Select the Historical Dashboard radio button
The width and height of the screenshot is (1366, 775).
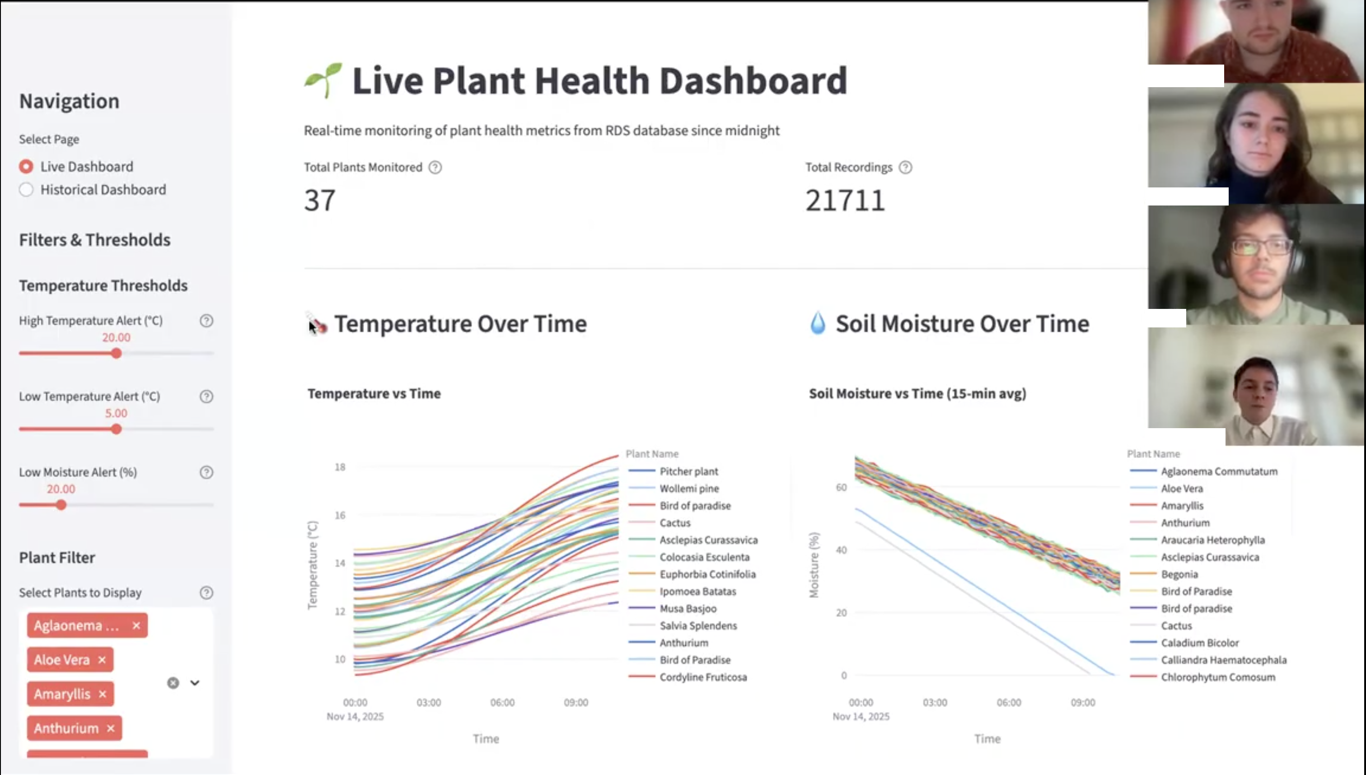tap(26, 190)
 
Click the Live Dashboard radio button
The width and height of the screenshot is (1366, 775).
tap(26, 167)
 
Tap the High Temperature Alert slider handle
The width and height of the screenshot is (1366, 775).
tap(117, 354)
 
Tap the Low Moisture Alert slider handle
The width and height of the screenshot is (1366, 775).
tap(61, 505)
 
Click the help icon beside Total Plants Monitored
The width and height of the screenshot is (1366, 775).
tap(435, 168)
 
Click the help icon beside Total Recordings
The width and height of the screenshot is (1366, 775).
tap(905, 168)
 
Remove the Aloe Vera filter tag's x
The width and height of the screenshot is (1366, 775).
tap(102, 660)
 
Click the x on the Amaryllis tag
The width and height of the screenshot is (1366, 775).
tap(103, 694)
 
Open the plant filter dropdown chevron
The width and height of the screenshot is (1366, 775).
tap(195, 683)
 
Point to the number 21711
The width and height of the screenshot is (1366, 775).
tap(845, 201)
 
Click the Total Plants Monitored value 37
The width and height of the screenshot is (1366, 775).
tap(319, 201)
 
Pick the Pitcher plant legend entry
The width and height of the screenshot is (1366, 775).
tap(688, 471)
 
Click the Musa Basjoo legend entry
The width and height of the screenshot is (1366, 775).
tap(688, 608)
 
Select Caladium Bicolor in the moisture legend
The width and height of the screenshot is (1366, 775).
tap(1199, 643)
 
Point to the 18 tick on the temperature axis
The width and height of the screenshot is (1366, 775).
tap(340, 467)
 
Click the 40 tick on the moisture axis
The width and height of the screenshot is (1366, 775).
tap(841, 550)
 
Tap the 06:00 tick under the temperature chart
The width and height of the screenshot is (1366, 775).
tap(502, 702)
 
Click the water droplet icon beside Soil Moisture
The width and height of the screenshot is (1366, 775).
tap(818, 323)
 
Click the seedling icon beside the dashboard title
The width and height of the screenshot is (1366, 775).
tap(323, 80)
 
